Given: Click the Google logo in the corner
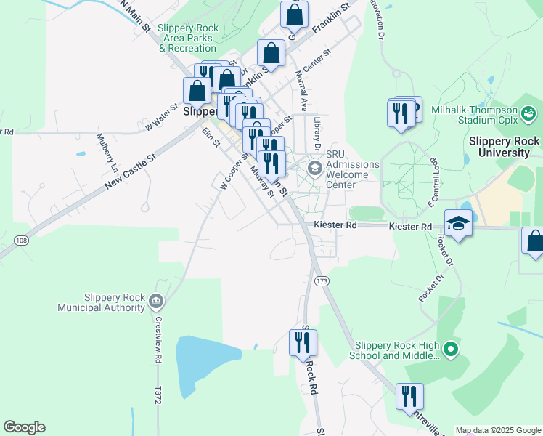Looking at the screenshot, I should pyautogui.click(x=24, y=427).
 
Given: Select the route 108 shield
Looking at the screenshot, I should pyautogui.click(x=21, y=240).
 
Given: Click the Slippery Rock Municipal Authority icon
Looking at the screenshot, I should pyautogui.click(x=155, y=301).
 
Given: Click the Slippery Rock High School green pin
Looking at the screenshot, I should pyautogui.click(x=450, y=350).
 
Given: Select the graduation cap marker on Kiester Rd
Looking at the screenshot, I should pyautogui.click(x=458, y=222).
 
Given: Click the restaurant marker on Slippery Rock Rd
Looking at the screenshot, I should pyautogui.click(x=302, y=342).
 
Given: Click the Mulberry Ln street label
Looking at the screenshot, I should pyautogui.click(x=107, y=151).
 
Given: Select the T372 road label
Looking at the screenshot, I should pyautogui.click(x=157, y=395).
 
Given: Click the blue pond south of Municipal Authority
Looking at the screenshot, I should pyautogui.click(x=206, y=363).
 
